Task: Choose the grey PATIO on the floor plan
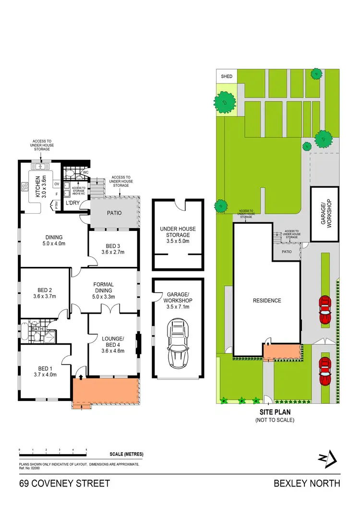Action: pos(114,213)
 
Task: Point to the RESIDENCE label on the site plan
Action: pos(267,301)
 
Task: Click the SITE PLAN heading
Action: pos(275,412)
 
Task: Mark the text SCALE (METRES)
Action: pos(126,454)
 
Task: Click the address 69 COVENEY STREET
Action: pos(65,483)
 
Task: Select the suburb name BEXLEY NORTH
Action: pos(307,483)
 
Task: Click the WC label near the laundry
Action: pos(86,172)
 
